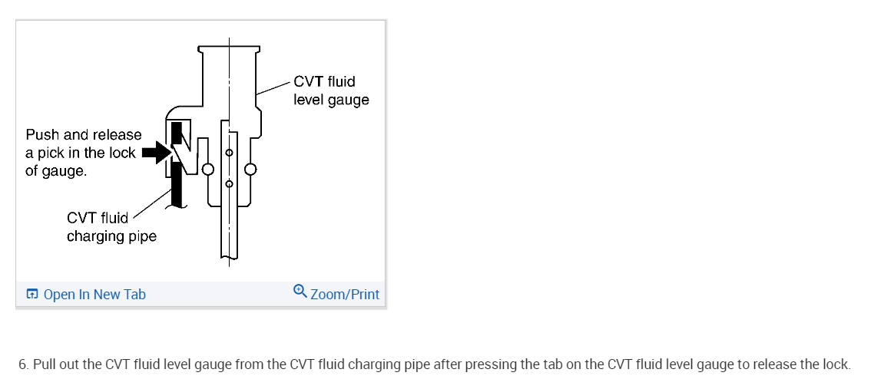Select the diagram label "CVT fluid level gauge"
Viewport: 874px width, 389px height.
tap(330, 91)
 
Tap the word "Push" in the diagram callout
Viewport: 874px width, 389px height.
tap(43, 135)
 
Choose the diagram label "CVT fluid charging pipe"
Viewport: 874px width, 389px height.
tap(111, 227)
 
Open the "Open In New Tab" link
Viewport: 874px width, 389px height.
tap(94, 295)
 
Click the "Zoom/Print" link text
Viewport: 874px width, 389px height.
tap(345, 295)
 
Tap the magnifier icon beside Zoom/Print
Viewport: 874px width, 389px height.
tap(300, 292)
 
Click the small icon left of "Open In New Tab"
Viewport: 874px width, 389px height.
tap(31, 295)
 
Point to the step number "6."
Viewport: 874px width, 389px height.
tap(24, 364)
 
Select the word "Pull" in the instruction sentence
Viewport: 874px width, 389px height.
tap(45, 364)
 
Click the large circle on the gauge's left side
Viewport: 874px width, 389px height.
tap(207, 169)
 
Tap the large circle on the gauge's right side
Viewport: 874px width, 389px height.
tap(250, 169)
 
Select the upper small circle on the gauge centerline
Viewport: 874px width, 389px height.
tap(229, 153)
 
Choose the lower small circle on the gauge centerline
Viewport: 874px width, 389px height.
tap(229, 183)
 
